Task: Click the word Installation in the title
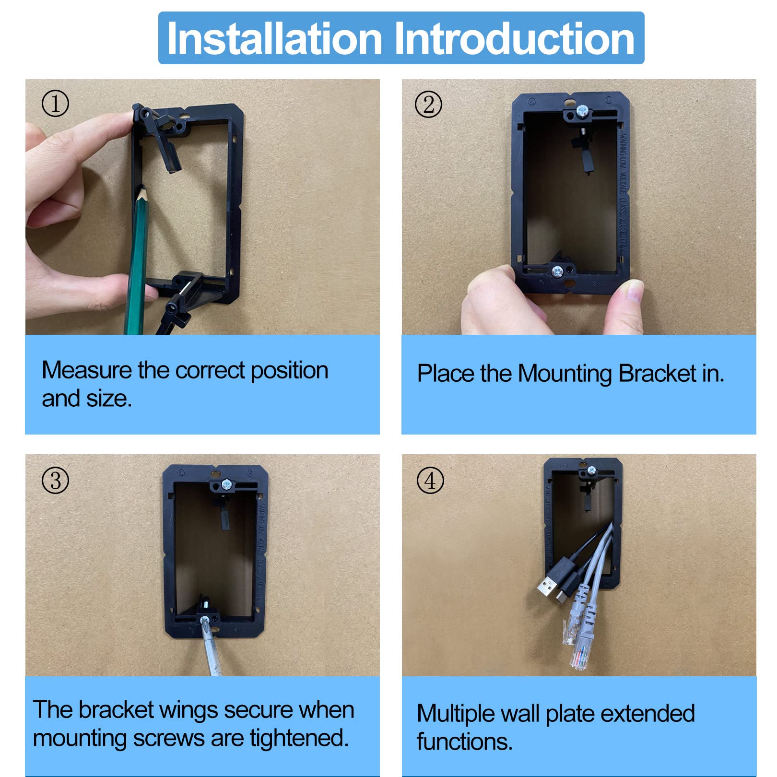[274, 38]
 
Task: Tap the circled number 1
[55, 104]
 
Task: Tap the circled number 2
[428, 105]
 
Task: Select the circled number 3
[56, 481]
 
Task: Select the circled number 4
[430, 481]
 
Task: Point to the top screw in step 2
[582, 111]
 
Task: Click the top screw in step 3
[226, 485]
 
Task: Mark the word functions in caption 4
[464, 742]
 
